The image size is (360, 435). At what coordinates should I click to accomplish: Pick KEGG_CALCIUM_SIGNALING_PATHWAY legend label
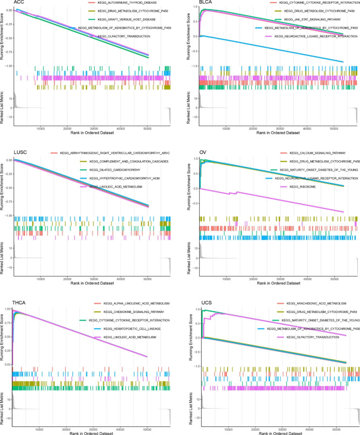pyautogui.click(x=312, y=154)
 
